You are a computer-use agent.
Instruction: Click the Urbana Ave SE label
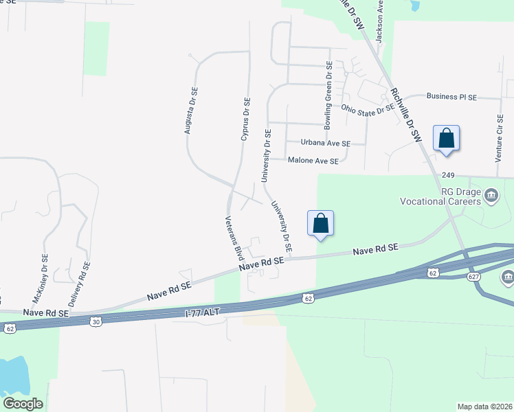pyautogui.click(x=326, y=144)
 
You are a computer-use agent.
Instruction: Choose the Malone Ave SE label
pyautogui.click(x=313, y=161)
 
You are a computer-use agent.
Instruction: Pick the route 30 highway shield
pyautogui.click(x=96, y=321)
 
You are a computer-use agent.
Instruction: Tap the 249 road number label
pyautogui.click(x=449, y=176)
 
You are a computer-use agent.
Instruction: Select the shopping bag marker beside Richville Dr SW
pyautogui.click(x=447, y=138)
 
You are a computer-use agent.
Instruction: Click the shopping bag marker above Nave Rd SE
pyautogui.click(x=320, y=223)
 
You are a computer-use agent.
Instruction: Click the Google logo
pyautogui.click(x=23, y=404)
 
